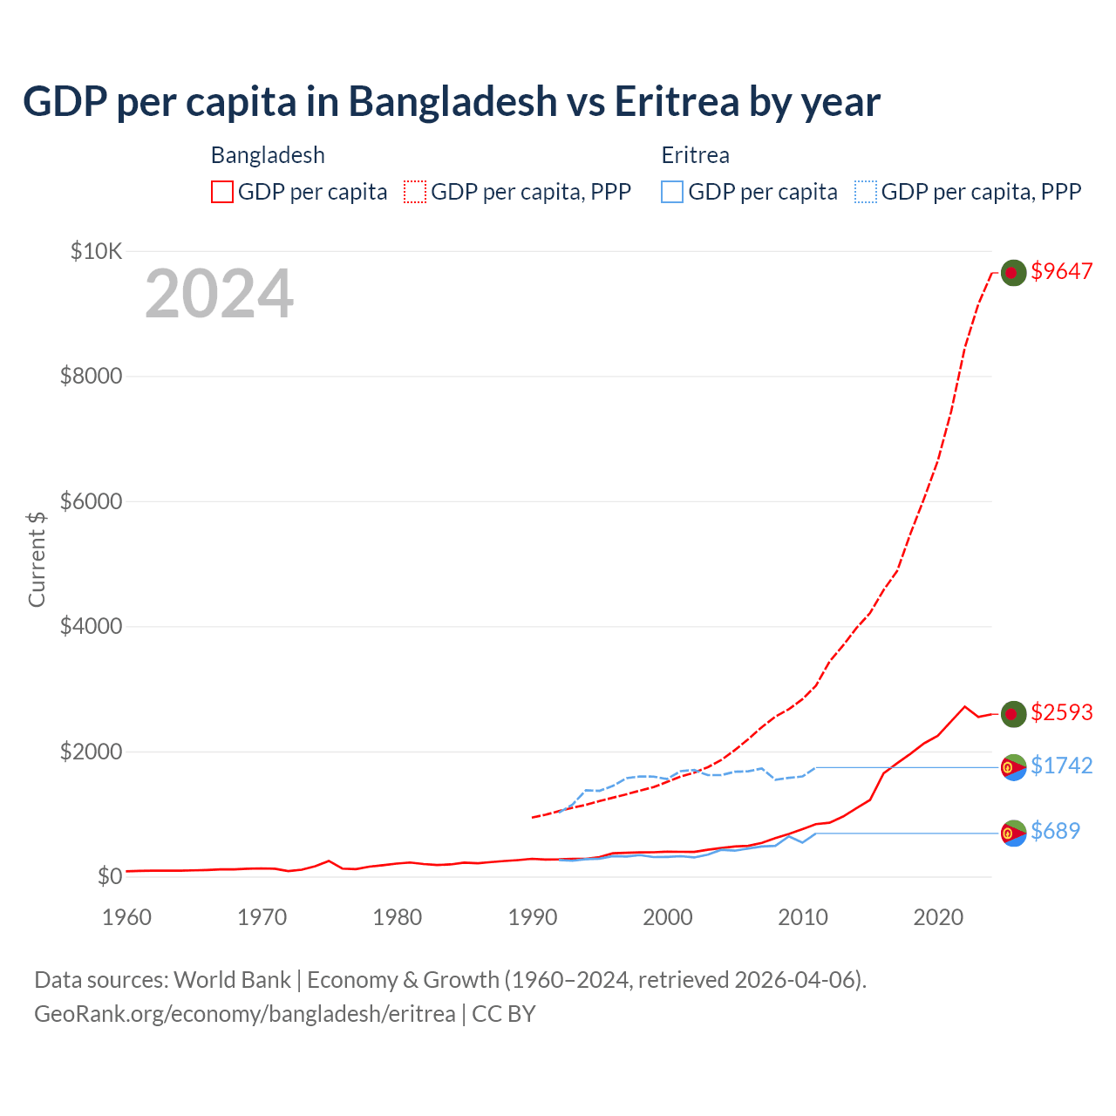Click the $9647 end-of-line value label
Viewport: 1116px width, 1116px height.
(1061, 271)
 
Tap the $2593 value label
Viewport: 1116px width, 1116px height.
(1061, 712)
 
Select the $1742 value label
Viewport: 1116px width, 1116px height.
(1061, 766)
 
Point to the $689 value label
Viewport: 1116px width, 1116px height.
(1055, 831)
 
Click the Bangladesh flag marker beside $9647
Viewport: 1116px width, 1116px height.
(1012, 273)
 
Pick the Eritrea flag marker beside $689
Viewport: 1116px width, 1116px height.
(1012, 834)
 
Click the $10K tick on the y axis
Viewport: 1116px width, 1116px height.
(96, 252)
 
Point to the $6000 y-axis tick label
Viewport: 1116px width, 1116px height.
(91, 501)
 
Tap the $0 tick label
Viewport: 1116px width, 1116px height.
(109, 876)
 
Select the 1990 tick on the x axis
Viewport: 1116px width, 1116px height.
(533, 917)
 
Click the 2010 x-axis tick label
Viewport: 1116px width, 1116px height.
(803, 917)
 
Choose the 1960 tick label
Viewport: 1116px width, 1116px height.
(127, 917)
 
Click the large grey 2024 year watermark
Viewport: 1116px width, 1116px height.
(219, 294)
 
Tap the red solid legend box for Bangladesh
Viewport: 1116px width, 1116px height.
(222, 192)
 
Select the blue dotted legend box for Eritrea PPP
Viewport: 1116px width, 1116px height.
(866, 192)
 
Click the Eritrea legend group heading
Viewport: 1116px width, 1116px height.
(695, 155)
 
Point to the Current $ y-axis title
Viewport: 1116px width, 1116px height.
(37, 559)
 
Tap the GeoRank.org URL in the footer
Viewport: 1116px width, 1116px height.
(245, 1014)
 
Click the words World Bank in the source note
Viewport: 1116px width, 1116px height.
(232, 980)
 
